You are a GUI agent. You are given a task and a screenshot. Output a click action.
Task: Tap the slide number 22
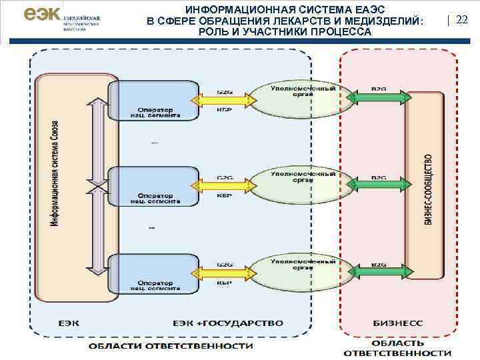(x=461, y=20)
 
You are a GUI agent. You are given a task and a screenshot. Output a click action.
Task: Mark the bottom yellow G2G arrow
(x=224, y=273)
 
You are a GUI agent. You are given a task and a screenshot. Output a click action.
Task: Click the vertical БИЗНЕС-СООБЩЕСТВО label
(x=428, y=189)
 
